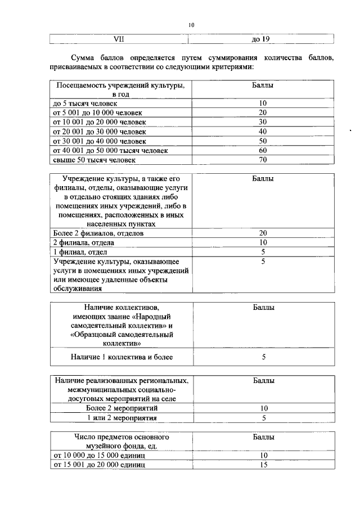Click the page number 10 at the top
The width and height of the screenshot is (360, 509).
pyautogui.click(x=191, y=25)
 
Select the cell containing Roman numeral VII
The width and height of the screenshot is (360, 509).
pyautogui.click(x=118, y=39)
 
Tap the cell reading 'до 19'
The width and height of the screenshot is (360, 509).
pyautogui.click(x=261, y=39)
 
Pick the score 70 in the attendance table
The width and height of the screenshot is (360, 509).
pyautogui.click(x=263, y=160)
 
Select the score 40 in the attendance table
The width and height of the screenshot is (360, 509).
pyautogui.click(x=263, y=132)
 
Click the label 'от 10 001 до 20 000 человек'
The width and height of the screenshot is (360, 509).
pyautogui.click(x=99, y=122)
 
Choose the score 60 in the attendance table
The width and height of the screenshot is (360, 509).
pyautogui.click(x=263, y=150)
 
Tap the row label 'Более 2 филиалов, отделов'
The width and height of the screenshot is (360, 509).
pyautogui.click(x=98, y=233)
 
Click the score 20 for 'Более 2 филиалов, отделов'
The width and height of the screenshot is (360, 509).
pyautogui.click(x=263, y=233)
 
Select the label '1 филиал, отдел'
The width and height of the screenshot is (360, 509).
pyautogui.click(x=80, y=252)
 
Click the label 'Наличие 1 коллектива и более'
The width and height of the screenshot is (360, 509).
pyautogui.click(x=121, y=357)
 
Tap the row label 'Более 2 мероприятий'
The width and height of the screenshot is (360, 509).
pyautogui.click(x=122, y=408)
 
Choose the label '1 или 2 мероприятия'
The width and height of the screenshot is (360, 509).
pyautogui.click(x=122, y=418)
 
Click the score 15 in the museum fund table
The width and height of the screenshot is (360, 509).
pyautogui.click(x=263, y=465)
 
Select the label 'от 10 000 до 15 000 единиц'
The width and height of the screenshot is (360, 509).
pyautogui.click(x=99, y=455)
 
